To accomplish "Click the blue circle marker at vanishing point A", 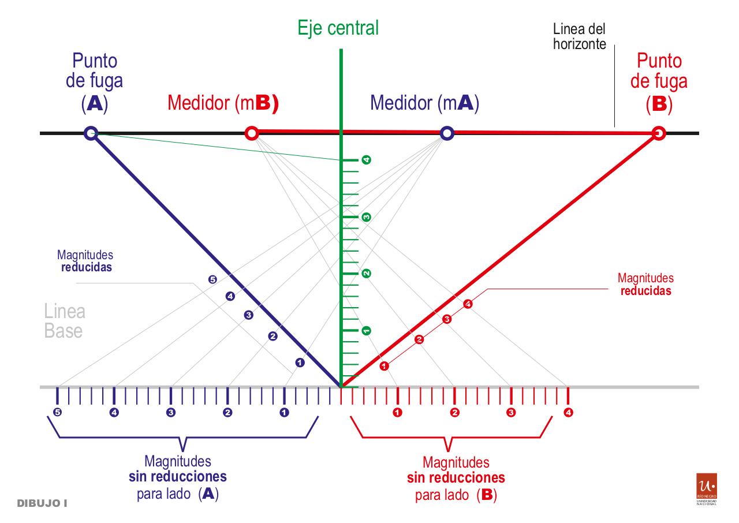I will coord(89,133).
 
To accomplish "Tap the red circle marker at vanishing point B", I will coord(658,133).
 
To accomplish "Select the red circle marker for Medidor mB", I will coord(251,133).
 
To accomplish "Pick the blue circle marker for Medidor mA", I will coord(446,133).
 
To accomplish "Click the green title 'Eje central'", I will coord(338,27).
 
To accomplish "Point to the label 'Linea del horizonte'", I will coord(579,36).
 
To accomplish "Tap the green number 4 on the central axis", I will coord(365,160).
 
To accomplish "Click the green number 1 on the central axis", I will coord(365,331).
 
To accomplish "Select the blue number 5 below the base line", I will coord(57,413).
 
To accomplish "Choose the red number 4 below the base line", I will coord(569,413).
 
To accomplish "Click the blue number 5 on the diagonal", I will coord(212,280).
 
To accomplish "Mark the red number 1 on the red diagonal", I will coord(385,366).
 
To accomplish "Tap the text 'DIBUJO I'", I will coord(42,503).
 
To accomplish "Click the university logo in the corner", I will coord(707,488).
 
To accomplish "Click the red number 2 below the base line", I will coord(454,413).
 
